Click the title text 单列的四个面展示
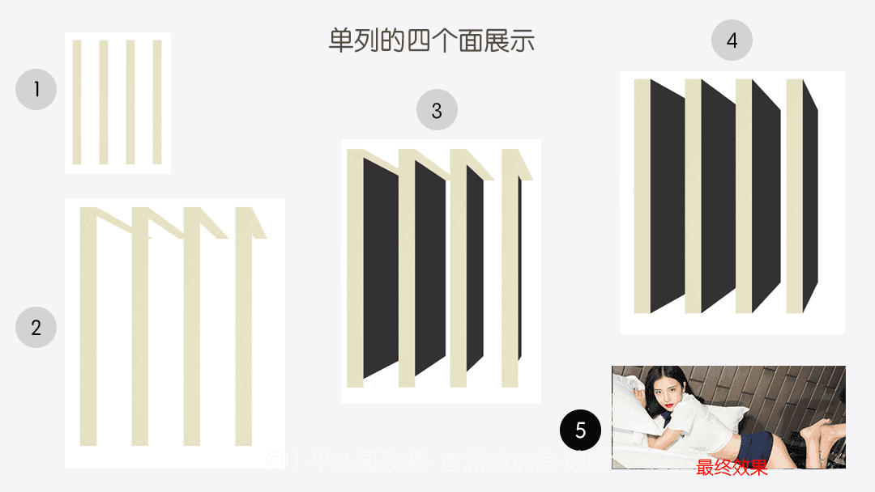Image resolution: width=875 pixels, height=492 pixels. coord(431,40)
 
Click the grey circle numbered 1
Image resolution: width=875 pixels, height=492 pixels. coord(36,89)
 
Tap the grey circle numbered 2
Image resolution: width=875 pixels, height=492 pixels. coord(36,328)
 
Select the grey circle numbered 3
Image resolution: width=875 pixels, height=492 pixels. coord(437,110)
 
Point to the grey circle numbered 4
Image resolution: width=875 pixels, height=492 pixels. coord(732,40)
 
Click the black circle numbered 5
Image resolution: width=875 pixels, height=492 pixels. coord(580,430)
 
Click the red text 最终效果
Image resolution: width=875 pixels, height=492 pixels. coord(732,466)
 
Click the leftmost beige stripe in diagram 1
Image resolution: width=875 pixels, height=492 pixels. coord(77,102)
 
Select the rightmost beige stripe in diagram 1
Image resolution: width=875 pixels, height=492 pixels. coord(157,102)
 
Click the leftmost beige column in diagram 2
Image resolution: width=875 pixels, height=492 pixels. coord(88,332)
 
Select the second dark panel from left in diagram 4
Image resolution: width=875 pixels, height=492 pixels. coord(718,194)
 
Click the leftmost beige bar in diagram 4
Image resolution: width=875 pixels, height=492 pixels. coord(642,194)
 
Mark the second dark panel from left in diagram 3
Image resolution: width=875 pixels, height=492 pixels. coord(430,267)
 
